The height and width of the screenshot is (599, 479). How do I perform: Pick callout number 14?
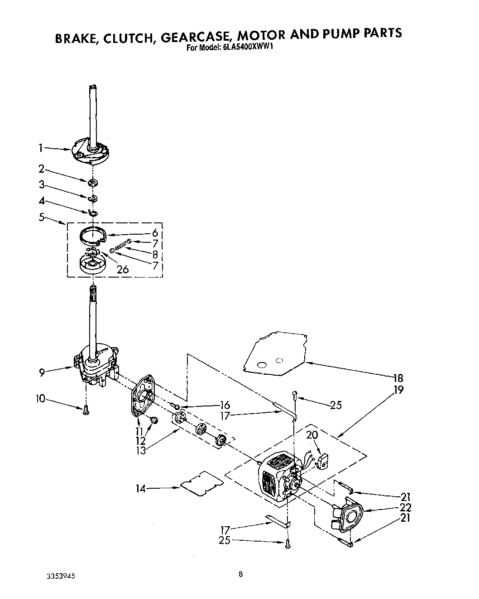(142, 488)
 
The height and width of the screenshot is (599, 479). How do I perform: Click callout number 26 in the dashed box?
(123, 269)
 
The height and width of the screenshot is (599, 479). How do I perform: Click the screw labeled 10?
(86, 409)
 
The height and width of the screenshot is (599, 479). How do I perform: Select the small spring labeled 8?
(120, 247)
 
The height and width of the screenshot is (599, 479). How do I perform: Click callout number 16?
(225, 405)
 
